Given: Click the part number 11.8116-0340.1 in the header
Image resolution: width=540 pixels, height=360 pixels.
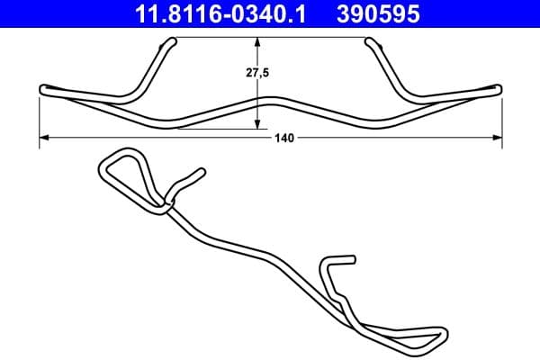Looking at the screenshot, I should [221, 13].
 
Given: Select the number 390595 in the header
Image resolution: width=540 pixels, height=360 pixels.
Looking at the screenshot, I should [378, 13].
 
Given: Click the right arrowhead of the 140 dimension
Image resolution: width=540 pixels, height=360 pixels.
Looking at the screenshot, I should [498, 138].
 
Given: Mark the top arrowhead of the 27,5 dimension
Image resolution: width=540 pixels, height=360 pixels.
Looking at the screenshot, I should [258, 41].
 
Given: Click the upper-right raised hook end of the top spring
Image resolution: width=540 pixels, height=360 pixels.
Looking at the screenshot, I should [369, 41].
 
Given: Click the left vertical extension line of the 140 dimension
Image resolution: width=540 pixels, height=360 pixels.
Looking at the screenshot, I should [40, 117].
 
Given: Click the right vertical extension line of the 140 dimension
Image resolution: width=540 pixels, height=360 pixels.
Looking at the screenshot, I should [501, 117].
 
